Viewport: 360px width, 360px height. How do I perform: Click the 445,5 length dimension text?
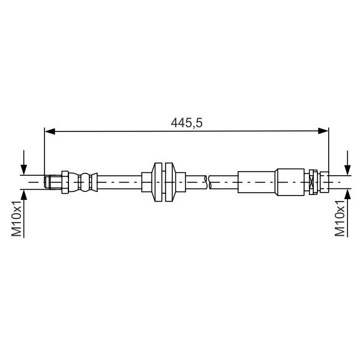(187, 122)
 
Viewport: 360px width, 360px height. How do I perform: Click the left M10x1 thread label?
(17, 218)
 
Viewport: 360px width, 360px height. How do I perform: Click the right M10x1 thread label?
(340, 218)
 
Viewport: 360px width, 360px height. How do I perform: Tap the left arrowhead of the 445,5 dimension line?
(50, 131)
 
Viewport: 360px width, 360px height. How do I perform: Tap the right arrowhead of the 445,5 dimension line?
(323, 131)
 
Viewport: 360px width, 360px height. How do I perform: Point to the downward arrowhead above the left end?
(23, 170)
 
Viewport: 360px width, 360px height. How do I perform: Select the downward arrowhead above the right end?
(347, 170)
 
